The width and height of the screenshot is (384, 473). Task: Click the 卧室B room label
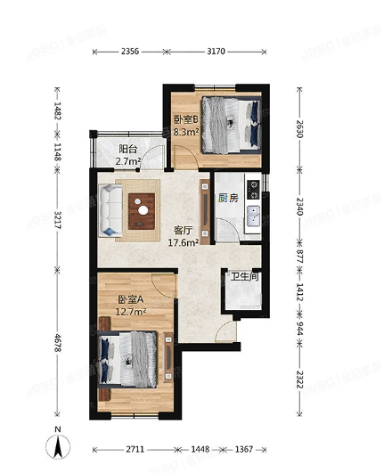186,119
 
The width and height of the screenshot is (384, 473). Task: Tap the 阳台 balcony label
128,150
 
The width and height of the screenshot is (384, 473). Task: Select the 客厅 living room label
184,229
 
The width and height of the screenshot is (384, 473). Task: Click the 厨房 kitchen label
227,198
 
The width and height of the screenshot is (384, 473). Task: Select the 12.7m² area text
131,312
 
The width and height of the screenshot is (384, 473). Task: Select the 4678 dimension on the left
58,344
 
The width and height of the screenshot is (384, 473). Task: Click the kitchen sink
253,216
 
